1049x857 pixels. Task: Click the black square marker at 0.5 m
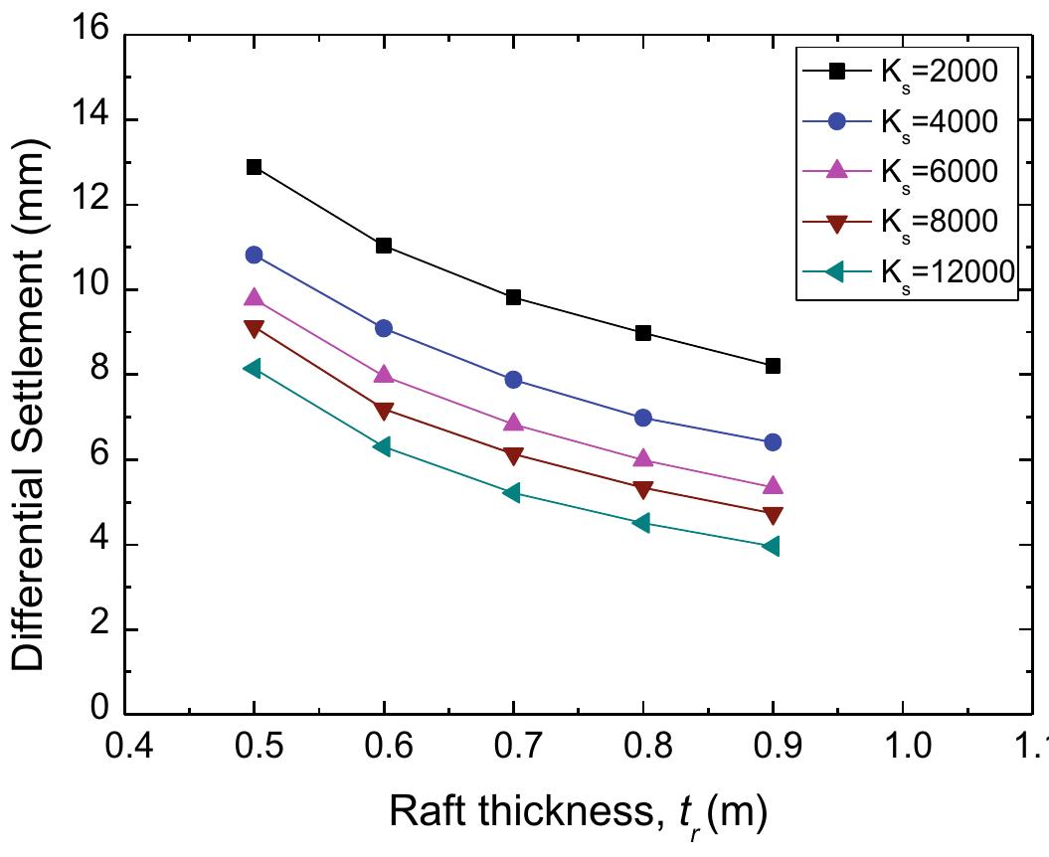(x=254, y=167)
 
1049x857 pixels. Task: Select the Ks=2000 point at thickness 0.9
(x=773, y=366)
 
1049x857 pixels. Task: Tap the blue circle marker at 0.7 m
(x=513, y=380)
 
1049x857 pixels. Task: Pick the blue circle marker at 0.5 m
(x=254, y=255)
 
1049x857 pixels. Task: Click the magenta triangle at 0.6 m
(x=384, y=375)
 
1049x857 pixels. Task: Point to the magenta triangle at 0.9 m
(x=773, y=486)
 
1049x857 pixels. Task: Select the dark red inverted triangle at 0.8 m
(x=643, y=489)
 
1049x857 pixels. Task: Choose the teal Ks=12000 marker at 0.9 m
(x=772, y=546)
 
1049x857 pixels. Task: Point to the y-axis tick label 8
(x=99, y=375)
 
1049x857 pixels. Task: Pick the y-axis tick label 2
(x=99, y=630)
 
